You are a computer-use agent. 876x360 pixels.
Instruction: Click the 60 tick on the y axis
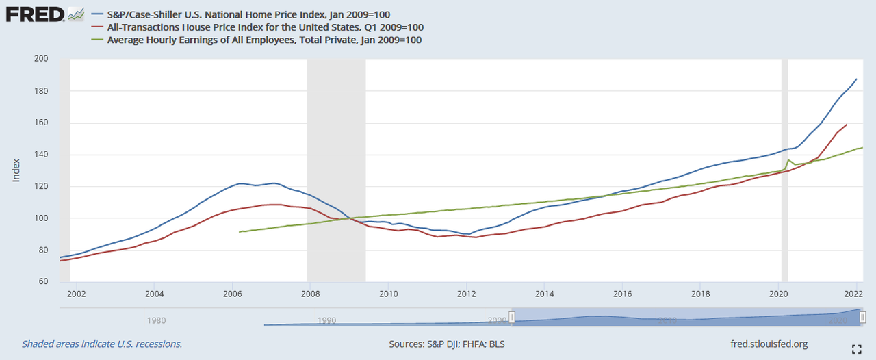point(43,282)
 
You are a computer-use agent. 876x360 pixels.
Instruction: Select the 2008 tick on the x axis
point(310,294)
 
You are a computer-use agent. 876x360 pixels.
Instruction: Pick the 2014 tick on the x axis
point(544,294)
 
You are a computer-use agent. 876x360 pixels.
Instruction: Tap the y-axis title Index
point(16,170)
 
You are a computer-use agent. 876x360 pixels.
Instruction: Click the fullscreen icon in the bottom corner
point(856,350)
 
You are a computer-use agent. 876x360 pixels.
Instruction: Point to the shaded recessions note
point(102,344)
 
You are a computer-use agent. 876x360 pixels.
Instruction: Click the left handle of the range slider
point(511,318)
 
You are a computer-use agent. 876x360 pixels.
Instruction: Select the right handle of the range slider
point(863,318)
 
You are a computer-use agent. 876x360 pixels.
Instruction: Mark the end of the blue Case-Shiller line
point(857,79)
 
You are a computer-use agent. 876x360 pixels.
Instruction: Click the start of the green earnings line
point(239,232)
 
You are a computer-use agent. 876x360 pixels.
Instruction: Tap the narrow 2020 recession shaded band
point(784,171)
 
